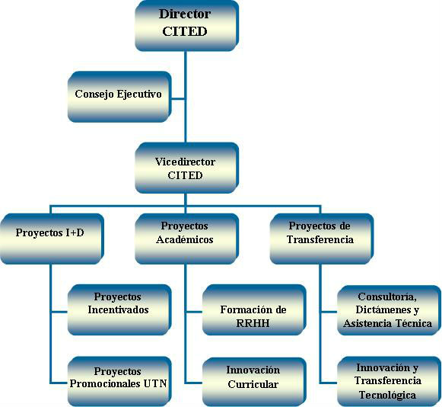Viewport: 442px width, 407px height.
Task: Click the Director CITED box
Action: [187, 26]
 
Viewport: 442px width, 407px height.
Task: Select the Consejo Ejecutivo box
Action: [119, 97]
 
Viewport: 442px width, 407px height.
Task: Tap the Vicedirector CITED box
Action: [187, 168]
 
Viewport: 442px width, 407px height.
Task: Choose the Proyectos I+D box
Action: [52, 239]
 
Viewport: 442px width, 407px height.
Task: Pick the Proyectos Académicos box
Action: [187, 239]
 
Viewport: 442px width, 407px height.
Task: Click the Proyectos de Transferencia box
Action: [322, 239]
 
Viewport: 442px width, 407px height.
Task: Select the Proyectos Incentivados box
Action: [119, 310]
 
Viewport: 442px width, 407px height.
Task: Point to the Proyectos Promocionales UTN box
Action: [119, 381]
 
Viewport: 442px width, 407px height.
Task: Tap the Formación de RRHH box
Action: [255, 310]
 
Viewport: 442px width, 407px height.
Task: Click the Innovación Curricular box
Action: [255, 381]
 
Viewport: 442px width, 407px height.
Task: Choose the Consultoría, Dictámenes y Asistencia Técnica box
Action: [390, 310]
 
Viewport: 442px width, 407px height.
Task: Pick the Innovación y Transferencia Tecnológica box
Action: [390, 381]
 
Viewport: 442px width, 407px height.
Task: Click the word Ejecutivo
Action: [139, 94]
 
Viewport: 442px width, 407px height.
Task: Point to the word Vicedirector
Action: [185, 162]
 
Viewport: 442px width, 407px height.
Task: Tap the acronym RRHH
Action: [253, 323]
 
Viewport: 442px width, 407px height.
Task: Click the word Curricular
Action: [253, 384]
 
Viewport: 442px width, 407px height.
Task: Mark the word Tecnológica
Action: [387, 395]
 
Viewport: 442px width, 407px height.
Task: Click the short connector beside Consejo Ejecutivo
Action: [179, 99]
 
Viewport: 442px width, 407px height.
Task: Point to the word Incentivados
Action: [118, 309]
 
